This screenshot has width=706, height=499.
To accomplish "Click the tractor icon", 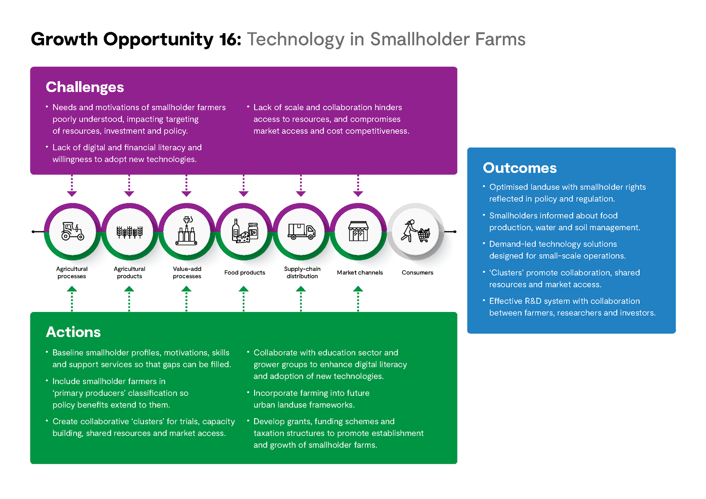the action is [72, 231].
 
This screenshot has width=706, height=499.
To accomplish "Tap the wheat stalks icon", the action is [130, 232].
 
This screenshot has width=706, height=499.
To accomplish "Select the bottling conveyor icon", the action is [187, 231].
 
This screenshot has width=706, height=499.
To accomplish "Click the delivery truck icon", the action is [301, 232].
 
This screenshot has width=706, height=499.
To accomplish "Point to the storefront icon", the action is [358, 231].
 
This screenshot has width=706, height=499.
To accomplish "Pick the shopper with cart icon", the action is [415, 231].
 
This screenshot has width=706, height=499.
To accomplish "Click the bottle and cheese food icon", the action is [245, 231].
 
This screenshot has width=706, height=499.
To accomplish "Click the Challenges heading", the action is [85, 87].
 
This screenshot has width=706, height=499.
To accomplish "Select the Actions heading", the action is [73, 332].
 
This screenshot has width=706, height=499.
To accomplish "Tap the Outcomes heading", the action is [520, 168].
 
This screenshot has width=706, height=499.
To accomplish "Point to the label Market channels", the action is [360, 272].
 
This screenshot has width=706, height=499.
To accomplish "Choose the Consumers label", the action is [417, 272].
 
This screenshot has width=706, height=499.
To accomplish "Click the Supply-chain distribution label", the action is [302, 272].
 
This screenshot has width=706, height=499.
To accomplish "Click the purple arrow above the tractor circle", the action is [72, 186].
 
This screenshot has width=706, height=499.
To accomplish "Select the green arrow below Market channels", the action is [358, 299].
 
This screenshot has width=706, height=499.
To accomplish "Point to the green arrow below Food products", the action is [244, 299].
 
